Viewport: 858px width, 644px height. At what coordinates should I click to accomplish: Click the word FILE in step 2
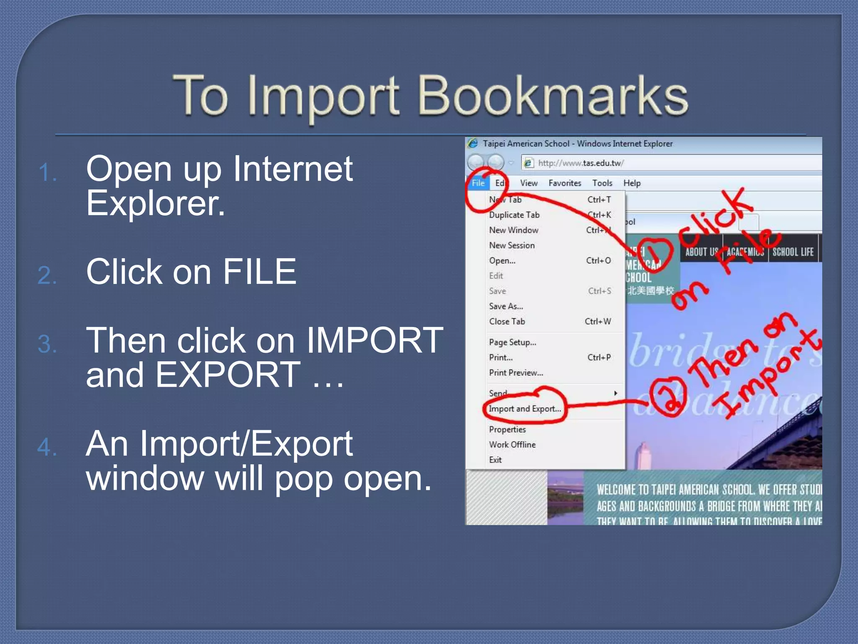click(259, 272)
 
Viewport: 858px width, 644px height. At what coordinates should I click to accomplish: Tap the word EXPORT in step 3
click(228, 374)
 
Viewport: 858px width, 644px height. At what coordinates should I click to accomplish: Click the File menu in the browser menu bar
click(478, 183)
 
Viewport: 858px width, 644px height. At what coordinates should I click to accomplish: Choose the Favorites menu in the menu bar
click(565, 183)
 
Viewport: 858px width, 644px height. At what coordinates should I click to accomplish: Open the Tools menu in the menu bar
click(602, 183)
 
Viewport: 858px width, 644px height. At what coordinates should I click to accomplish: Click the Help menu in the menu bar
click(632, 183)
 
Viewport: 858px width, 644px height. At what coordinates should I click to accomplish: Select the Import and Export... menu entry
click(525, 409)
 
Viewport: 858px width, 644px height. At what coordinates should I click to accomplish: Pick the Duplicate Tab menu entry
click(514, 215)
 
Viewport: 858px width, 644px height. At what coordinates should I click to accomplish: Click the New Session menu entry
click(512, 245)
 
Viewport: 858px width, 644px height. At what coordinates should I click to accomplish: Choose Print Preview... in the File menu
click(516, 373)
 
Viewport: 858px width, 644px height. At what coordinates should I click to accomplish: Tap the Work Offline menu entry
click(512, 444)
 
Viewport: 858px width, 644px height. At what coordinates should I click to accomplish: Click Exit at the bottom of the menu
click(495, 460)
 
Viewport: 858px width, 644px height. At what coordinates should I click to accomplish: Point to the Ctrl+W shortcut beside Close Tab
click(598, 322)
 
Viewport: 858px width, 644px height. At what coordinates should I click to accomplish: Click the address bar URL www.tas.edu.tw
click(581, 163)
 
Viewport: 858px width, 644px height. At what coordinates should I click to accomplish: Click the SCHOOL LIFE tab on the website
click(793, 252)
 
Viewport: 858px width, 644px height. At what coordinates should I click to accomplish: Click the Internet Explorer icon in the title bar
click(473, 143)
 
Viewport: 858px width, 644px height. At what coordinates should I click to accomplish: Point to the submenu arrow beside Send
click(615, 393)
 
